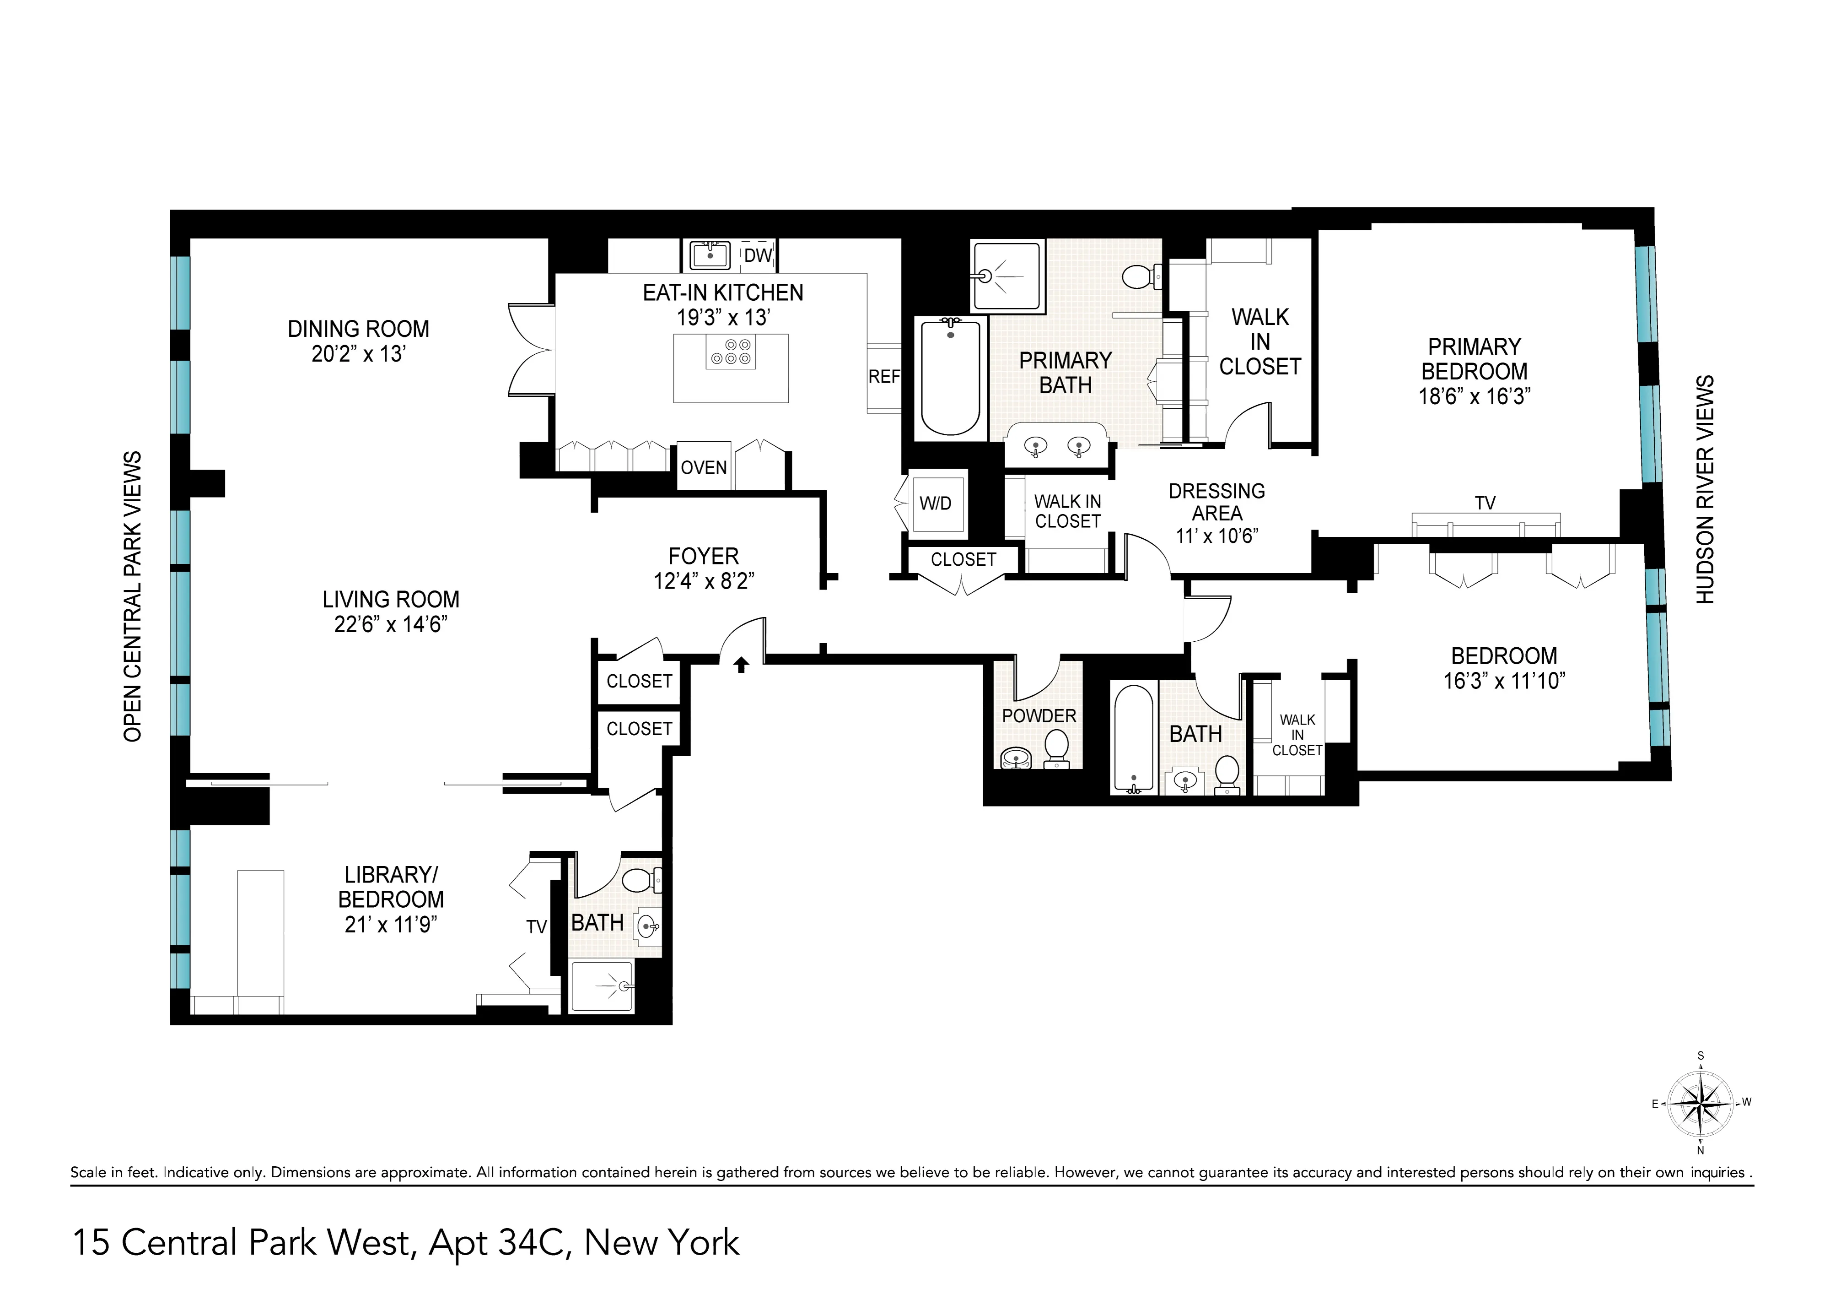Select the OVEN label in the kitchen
click(x=703, y=468)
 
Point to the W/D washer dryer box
click(x=935, y=503)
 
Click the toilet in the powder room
click(x=1057, y=749)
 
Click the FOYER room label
click(x=703, y=556)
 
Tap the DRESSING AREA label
click(x=1216, y=502)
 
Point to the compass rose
click(x=1701, y=1104)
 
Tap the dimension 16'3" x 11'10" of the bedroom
click(x=1504, y=681)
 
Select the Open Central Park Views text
click(x=132, y=596)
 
